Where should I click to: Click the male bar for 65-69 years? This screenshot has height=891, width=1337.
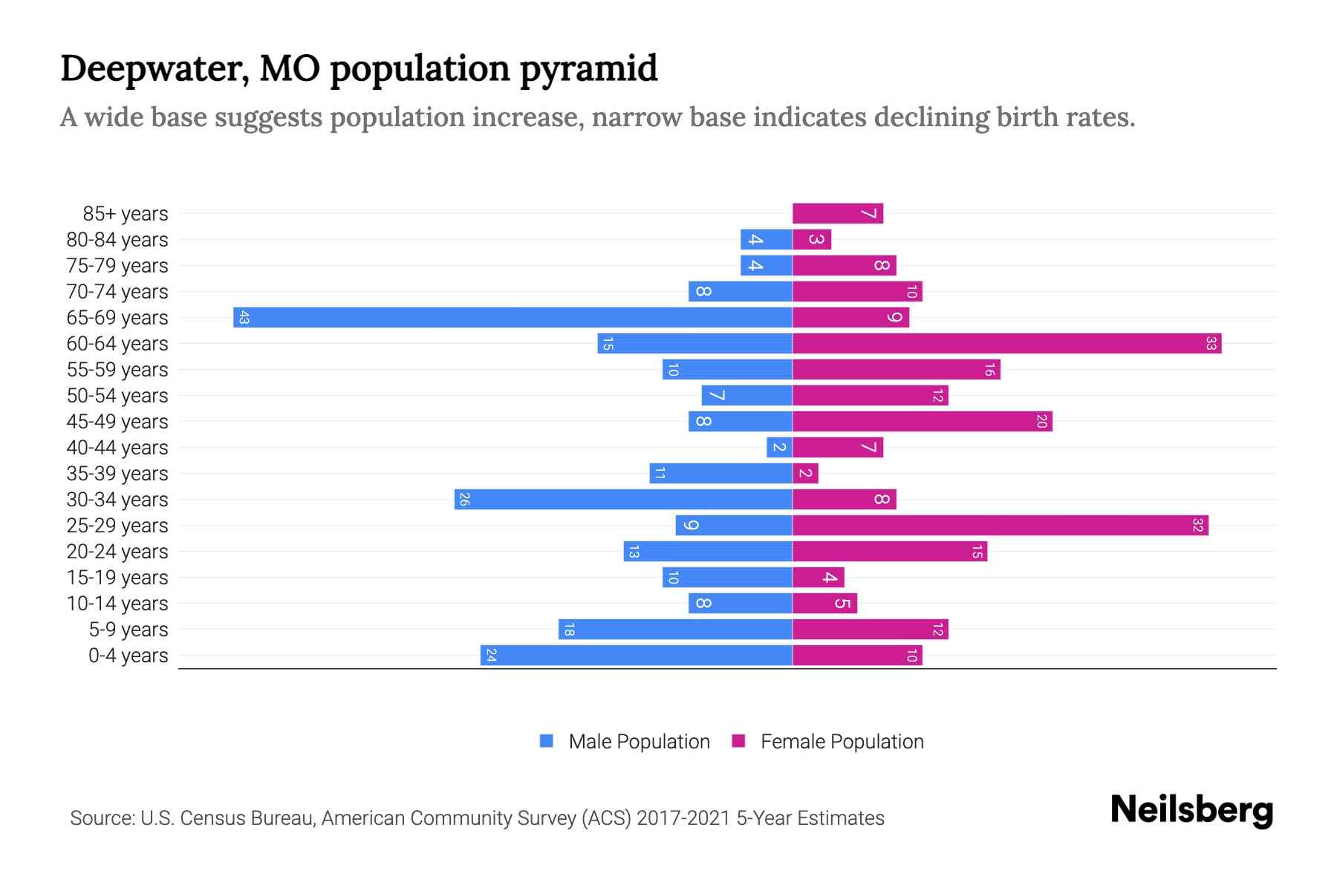[513, 318]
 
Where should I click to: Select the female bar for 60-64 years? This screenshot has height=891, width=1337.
[1006, 344]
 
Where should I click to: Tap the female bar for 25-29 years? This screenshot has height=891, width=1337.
[1000, 526]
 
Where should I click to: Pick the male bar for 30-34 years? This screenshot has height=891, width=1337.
[623, 500]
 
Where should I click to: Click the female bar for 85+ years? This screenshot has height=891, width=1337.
[837, 214]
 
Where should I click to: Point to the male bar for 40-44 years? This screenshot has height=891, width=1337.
[779, 448]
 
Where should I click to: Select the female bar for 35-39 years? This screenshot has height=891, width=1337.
[805, 474]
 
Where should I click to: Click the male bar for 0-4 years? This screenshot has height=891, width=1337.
[636, 656]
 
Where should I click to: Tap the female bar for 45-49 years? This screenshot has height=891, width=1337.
[922, 422]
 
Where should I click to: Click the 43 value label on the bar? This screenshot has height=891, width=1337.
[244, 318]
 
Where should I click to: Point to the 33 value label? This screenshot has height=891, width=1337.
[1211, 344]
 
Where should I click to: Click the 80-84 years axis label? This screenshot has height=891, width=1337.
[117, 240]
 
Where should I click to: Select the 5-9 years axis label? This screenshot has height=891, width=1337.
[129, 630]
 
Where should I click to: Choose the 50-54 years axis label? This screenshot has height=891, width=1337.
[117, 396]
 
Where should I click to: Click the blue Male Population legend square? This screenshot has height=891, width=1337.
[547, 741]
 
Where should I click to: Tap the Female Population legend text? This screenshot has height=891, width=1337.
[842, 742]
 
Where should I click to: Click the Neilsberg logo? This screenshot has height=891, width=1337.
[1191, 810]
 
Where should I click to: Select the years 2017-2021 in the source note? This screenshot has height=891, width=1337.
[683, 818]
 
